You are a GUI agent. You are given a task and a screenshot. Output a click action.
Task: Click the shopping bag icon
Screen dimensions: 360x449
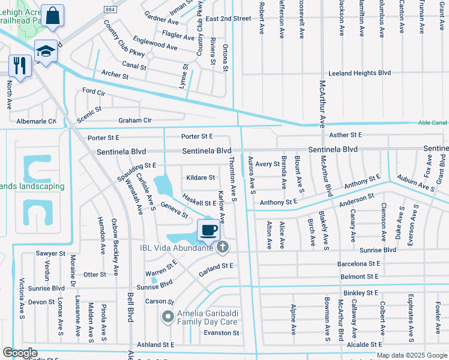[53, 17]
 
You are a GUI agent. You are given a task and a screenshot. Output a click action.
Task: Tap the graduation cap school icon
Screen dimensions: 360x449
[46, 51]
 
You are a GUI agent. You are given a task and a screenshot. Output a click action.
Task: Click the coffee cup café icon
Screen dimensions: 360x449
[209, 230]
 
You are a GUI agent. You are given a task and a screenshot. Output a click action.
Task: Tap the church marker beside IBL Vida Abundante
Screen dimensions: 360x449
[223, 247]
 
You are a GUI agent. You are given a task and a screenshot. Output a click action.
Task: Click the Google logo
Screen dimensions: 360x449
[20, 353]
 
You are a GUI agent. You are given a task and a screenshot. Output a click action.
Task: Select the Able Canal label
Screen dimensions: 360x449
[432, 123]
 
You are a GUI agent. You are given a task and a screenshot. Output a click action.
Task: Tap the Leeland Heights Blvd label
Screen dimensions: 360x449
[359, 73]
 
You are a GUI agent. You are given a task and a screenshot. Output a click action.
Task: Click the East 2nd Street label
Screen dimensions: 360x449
[228, 19]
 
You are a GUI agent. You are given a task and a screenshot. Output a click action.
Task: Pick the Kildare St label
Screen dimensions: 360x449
[200, 178]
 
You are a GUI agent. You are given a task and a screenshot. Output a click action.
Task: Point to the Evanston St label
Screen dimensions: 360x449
[221, 333]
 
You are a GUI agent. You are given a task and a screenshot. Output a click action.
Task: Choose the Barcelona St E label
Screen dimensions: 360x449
[359, 263]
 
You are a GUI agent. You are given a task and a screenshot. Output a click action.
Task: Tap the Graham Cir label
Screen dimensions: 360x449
[135, 120]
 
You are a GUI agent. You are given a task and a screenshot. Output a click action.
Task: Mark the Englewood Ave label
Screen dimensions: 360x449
[155, 46]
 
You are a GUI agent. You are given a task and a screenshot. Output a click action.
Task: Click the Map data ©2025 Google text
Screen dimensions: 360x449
[412, 355]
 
